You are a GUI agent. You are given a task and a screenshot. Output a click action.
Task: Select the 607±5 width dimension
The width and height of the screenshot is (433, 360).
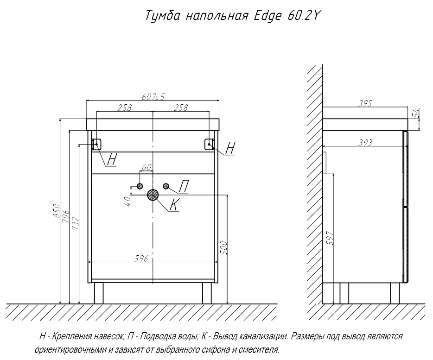coord(153,97)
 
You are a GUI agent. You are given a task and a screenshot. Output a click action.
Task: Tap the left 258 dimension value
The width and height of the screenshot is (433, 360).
coord(125,107)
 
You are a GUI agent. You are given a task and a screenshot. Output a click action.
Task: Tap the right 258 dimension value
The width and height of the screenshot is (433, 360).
coord(181,107)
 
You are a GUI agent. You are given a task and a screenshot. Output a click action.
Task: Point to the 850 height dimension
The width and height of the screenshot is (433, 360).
coord(57,211)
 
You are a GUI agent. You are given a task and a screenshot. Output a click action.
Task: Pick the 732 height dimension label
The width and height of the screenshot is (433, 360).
coord(76,224)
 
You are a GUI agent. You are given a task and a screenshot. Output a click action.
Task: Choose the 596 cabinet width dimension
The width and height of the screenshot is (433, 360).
coord(141,259)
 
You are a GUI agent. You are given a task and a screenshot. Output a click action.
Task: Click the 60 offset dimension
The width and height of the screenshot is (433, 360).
coord(146,167)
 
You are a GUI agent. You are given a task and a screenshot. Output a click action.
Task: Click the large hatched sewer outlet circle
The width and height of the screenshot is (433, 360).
coord(153,195)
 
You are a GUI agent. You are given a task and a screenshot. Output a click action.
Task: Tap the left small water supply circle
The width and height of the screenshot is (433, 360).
coord(140,186)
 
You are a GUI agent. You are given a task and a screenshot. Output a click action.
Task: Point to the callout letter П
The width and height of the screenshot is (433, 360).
coord(184,186)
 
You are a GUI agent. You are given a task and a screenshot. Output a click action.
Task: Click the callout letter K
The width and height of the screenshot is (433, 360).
coord(174,205)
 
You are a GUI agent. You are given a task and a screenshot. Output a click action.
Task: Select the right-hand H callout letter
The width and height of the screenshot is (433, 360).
coord(230,149)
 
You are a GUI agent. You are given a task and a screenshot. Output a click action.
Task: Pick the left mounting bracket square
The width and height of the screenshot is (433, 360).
coord(96,144)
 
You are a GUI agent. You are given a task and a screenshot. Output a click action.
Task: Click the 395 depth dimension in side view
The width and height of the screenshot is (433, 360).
coord(365,103)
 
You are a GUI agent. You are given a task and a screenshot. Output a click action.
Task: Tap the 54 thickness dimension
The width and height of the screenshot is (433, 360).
coord(416,113)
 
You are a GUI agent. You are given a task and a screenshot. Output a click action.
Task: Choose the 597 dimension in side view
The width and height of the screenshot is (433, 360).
coord(330,238)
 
